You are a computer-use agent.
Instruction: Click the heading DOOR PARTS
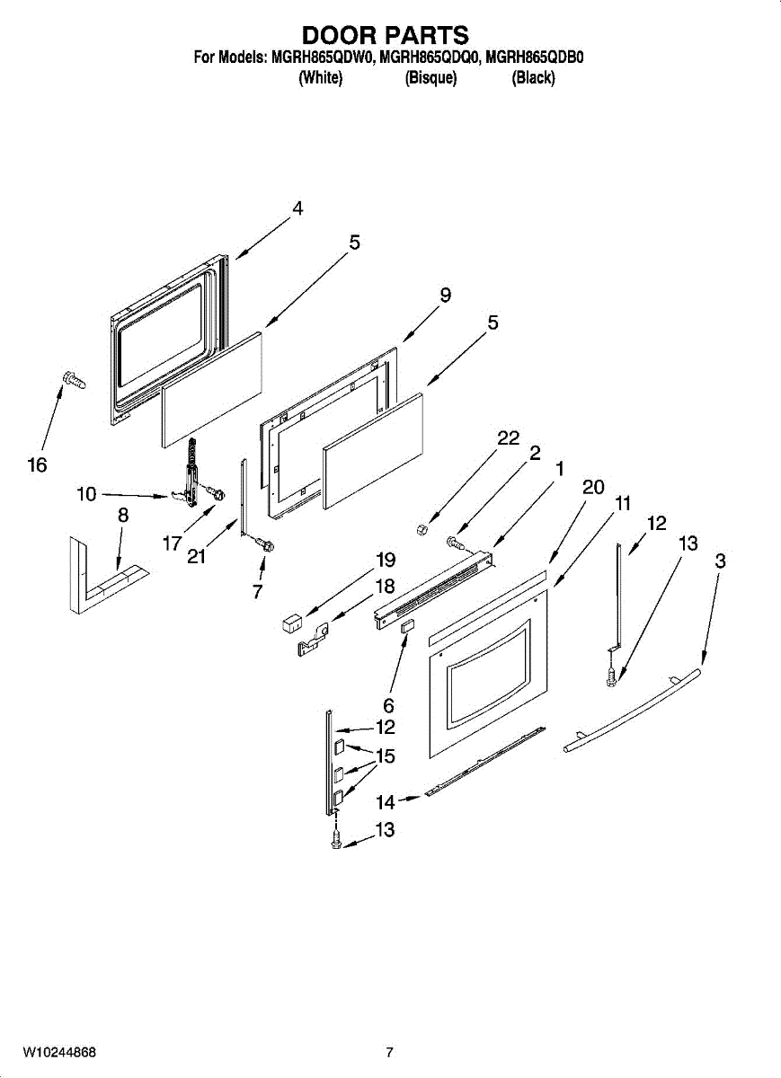385,35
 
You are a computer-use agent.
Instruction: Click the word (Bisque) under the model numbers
431,78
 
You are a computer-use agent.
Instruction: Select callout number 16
37,465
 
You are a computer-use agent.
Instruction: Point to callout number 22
508,437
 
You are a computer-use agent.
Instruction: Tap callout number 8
123,516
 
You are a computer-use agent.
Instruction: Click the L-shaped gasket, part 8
99,584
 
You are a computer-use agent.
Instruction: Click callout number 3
721,561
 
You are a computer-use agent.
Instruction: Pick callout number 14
385,801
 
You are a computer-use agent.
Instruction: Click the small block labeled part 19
291,619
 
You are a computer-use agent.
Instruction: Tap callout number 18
385,586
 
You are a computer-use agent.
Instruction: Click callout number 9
445,295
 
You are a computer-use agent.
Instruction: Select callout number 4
297,208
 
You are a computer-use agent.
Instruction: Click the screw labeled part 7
265,543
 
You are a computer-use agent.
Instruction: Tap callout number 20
593,487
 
